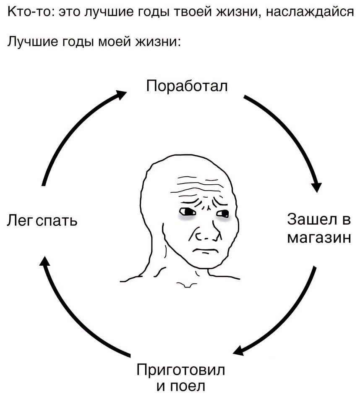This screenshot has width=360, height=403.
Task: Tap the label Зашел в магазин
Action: point(318,229)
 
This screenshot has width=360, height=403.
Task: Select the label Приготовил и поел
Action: point(181,377)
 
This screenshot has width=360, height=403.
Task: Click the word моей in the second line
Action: point(113,42)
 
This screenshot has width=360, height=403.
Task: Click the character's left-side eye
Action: point(186,211)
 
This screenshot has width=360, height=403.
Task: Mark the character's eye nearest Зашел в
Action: point(223,214)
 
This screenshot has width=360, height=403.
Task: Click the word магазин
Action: point(318,238)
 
